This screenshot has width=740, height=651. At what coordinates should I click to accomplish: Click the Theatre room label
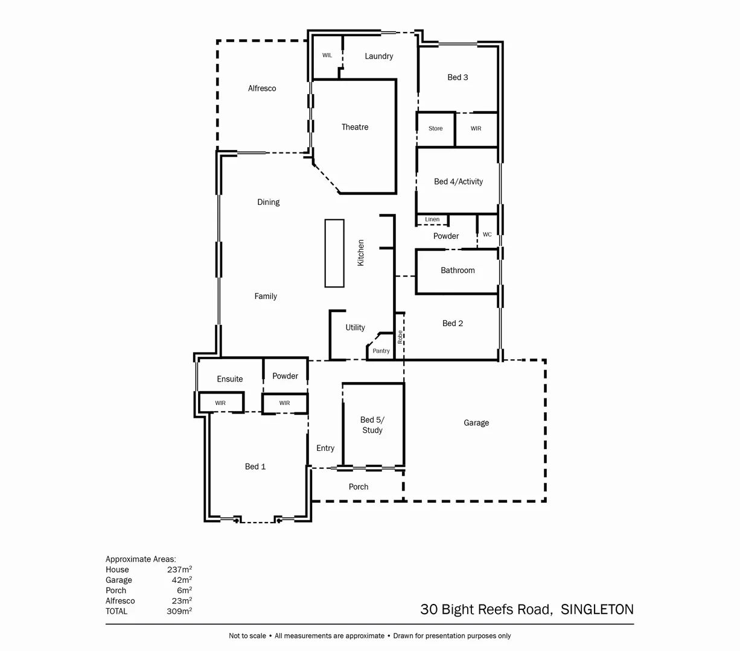point(355,127)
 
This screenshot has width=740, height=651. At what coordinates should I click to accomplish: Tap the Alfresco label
point(262,89)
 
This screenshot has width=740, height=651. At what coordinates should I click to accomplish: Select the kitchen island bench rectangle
point(334,253)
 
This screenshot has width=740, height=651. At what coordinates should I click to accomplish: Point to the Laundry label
point(379,56)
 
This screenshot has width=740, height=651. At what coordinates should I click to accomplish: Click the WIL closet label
point(327,55)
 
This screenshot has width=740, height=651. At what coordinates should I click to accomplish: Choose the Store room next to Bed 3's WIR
point(436,128)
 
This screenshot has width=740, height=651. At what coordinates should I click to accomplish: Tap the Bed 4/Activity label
point(458,181)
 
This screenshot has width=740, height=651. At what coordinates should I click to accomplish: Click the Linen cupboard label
point(432,219)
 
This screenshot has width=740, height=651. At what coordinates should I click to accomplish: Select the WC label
point(487,234)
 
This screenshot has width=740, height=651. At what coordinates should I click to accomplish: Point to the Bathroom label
point(458,271)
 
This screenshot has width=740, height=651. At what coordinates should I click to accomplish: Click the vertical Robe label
point(400,337)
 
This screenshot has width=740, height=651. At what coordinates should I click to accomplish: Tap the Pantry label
point(381,351)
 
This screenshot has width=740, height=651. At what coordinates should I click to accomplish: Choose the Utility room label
point(355,328)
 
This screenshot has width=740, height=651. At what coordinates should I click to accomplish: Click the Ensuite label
point(230,379)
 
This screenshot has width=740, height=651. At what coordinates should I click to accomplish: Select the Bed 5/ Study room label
point(372,425)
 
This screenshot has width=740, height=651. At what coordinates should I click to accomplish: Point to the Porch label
point(359,487)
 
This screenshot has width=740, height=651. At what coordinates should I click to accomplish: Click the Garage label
point(476,423)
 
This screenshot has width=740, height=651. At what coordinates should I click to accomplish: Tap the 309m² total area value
point(179,611)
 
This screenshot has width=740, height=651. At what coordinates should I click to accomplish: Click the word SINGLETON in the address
point(597,609)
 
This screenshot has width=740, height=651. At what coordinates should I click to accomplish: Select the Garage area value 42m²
point(182,580)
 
